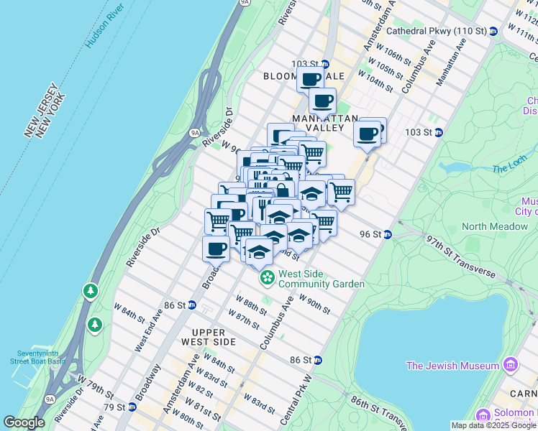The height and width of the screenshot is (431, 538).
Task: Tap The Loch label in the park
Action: click(x=509, y=169)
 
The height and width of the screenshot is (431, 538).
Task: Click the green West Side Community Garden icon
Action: click(x=267, y=277)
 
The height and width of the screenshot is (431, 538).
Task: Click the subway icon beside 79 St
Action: click(x=132, y=407)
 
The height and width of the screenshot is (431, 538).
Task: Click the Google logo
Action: click(x=24, y=422)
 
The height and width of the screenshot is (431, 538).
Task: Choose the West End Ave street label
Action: click(x=147, y=331)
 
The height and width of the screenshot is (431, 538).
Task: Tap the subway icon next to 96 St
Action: click(x=387, y=234)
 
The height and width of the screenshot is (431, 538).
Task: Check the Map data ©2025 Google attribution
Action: click(x=494, y=425)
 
